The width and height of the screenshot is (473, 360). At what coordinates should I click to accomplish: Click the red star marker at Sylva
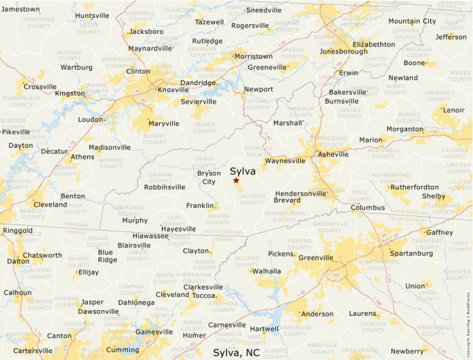click(x=236, y=180)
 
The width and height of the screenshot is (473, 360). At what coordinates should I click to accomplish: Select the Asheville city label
click(x=333, y=154)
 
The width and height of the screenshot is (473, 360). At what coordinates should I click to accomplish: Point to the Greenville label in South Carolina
click(x=317, y=258)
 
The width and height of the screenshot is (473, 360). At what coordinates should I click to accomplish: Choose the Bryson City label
click(x=209, y=178)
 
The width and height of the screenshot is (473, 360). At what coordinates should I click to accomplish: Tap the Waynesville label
click(x=285, y=160)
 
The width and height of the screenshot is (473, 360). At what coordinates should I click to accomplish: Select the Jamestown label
click(x=20, y=9)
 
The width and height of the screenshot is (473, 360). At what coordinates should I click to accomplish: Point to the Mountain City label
click(x=412, y=21)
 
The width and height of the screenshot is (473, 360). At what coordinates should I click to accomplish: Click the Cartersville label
click(x=33, y=350)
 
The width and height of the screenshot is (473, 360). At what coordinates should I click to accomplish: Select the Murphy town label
click(x=135, y=220)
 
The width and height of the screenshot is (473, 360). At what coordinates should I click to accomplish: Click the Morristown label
click(x=253, y=56)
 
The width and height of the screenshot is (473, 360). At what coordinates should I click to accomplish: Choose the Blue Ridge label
click(x=107, y=256)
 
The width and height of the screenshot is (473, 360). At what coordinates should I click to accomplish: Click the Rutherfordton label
click(x=414, y=187)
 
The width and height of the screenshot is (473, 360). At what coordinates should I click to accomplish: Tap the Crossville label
click(x=40, y=86)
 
